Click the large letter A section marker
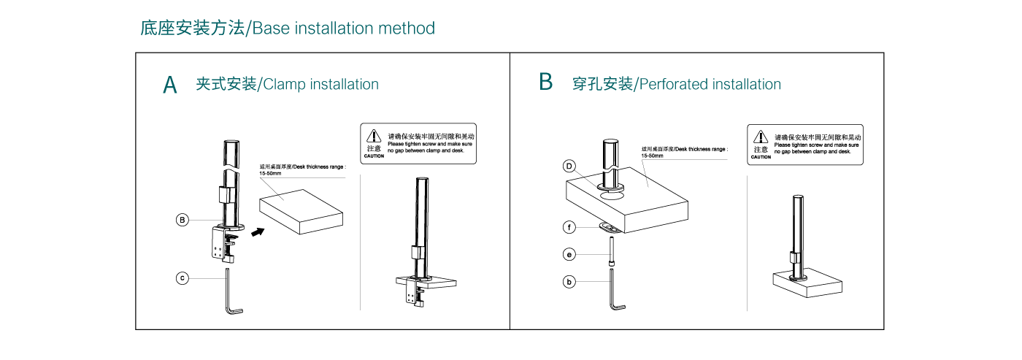pyautogui.click(x=170, y=85)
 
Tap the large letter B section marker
pyautogui.click(x=545, y=82)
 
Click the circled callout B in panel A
pyautogui.click(x=183, y=219)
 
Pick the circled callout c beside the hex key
pyautogui.click(x=183, y=277)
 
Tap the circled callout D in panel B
pyautogui.click(x=569, y=166)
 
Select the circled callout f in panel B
pyautogui.click(x=569, y=227)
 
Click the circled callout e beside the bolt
pyautogui.click(x=569, y=254)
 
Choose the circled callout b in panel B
pyautogui.click(x=569, y=280)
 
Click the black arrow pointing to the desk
pyautogui.click(x=256, y=231)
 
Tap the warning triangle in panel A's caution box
pyautogui.click(x=374, y=136)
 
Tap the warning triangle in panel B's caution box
pyautogui.click(x=761, y=137)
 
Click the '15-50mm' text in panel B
pyautogui.click(x=652, y=156)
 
